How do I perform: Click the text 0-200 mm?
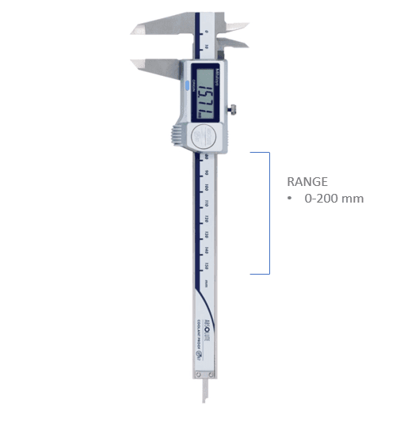pos(334,198)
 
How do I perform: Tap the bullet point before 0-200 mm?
pos(290,198)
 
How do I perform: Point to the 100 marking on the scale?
pos(206,188)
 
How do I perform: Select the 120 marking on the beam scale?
pos(206,219)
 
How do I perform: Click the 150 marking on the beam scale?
pos(206,266)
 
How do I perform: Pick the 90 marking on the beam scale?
pos(206,172)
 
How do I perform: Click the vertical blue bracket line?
pos(269,213)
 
